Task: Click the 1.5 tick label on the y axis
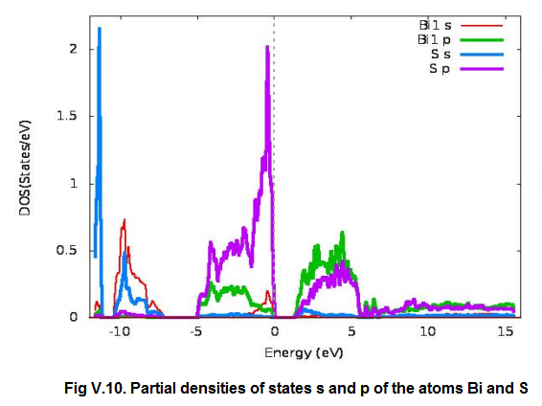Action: pos(64,116)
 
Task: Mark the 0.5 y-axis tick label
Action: pos(64,250)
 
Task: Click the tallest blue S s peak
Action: pos(99,30)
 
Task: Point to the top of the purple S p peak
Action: pos(267,47)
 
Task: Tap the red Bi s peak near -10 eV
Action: pos(124,221)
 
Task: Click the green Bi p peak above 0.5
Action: pos(342,234)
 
